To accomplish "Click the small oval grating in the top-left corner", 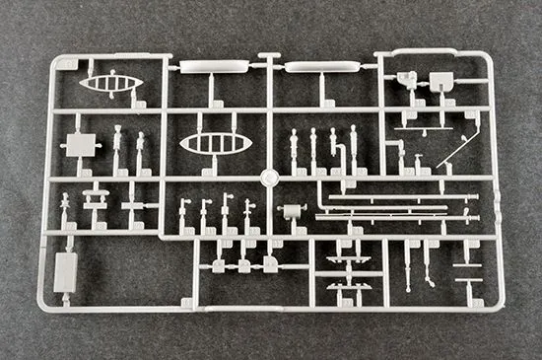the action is tap(111, 83).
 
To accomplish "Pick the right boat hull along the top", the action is tap(321, 67).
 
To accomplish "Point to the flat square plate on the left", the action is tap(78, 145).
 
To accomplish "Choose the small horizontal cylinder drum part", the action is tap(291, 210).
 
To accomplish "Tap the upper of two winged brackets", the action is tap(348, 258).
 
